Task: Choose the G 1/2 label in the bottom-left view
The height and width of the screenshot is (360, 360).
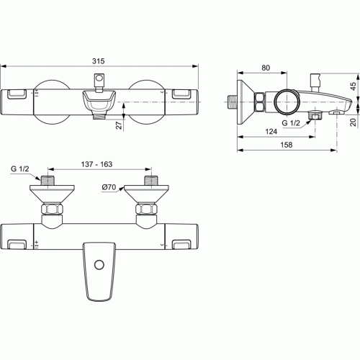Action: point(19,169)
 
